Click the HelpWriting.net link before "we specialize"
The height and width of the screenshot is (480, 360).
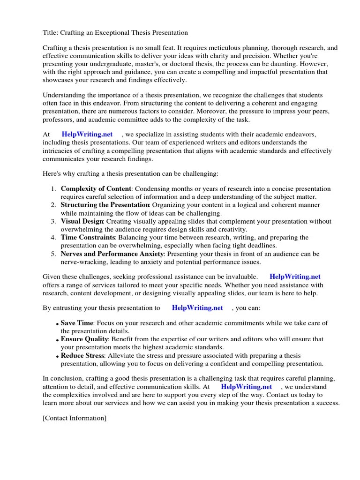point(88,135)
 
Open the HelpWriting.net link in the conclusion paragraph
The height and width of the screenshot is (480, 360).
point(246,387)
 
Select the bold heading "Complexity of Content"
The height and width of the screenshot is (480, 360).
point(96,189)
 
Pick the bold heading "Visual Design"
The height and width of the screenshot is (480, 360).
point(82,221)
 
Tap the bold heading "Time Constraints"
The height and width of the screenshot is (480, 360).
point(88,238)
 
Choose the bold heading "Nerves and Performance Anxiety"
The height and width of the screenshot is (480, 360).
point(112,254)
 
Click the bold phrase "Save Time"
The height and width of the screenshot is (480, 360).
point(77,323)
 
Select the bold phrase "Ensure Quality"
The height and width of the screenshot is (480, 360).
point(84,339)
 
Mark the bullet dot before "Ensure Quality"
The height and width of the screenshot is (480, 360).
point(57,340)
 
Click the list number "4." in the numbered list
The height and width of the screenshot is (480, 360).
point(53,238)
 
